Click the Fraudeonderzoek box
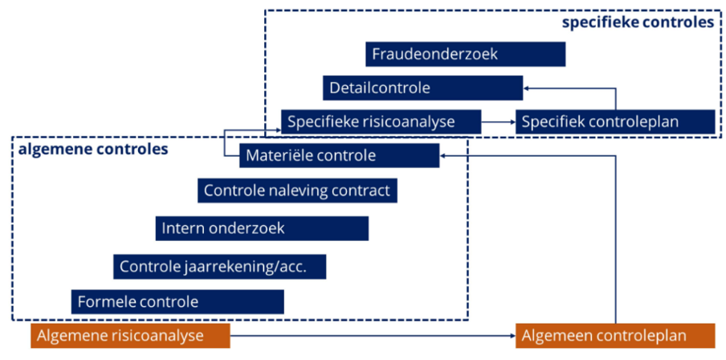click(465, 54)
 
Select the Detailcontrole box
click(422, 88)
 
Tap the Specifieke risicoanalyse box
click(381, 122)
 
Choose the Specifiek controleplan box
click(614, 122)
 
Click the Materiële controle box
click(339, 155)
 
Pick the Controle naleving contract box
click(297, 190)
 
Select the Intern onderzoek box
click(262, 228)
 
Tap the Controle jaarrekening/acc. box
click(220, 266)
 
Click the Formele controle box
click(177, 302)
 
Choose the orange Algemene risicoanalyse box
click(131, 335)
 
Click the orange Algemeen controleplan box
click(614, 335)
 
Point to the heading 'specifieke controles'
click(638, 22)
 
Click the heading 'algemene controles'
click(93, 149)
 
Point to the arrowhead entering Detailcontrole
click(527, 88)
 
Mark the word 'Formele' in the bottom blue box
click(104, 302)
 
